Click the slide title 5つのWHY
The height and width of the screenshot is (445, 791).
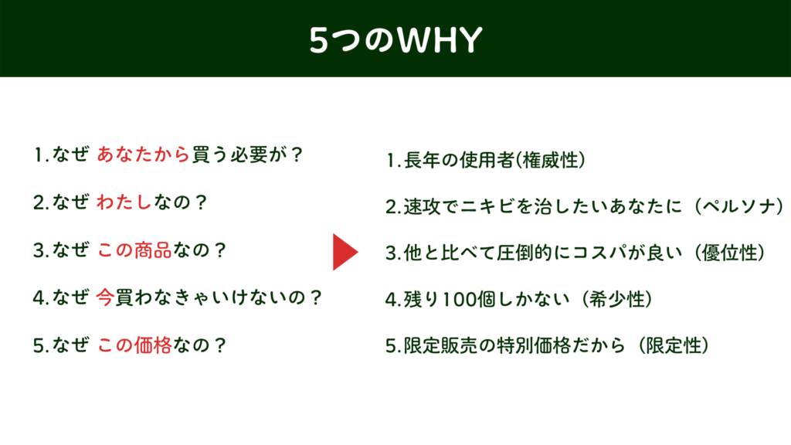coord(395,40)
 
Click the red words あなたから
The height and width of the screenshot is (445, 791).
coord(143,155)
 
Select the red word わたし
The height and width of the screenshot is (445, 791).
coord(124,202)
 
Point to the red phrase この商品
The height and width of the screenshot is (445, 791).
coord(134,250)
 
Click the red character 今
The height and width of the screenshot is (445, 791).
coord(105,297)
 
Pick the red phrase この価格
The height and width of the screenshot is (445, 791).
coord(134,345)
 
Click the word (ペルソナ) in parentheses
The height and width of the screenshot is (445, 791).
coord(739,206)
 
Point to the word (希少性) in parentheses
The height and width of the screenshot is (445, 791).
coord(617,300)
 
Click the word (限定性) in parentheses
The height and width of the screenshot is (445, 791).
coord(674,346)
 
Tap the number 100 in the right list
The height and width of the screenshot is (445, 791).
coord(459,301)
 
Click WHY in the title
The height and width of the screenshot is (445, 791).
coord(440,40)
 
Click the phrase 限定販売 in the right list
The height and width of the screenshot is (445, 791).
coord(440,346)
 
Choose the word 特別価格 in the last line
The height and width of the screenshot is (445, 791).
coord(533,346)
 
